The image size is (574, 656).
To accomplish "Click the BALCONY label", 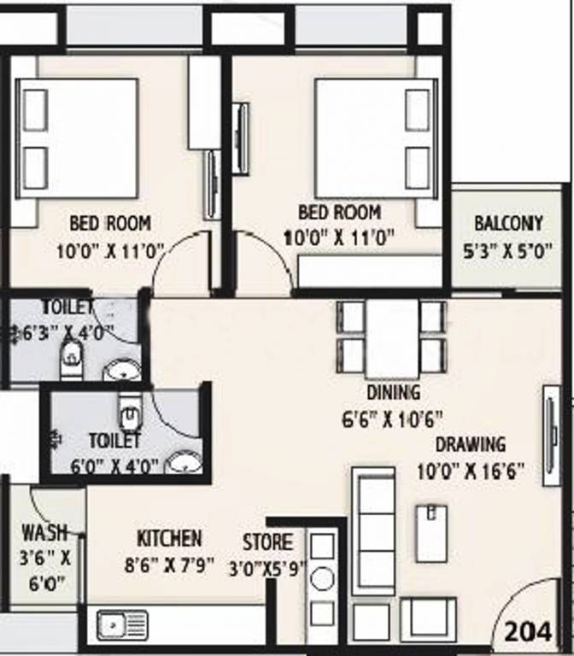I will tap(508, 224).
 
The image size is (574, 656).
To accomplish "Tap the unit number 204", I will tap(528, 632).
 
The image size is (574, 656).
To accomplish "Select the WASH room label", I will tap(44, 532).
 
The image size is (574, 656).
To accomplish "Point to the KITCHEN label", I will tap(169, 538).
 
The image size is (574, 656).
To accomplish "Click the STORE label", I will tap(267, 542).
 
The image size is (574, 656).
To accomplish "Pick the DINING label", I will tap(393, 393).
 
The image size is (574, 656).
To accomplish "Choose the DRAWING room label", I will tap(471, 444).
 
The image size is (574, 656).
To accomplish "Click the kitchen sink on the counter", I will tap(114, 625).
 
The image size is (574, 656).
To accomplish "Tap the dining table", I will tap(392, 338).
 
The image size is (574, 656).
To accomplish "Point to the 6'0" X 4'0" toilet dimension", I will tap(114, 466).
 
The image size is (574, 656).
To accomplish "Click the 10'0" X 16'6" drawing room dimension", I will tap(469, 471).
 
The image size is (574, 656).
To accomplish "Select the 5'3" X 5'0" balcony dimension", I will tap(507, 252).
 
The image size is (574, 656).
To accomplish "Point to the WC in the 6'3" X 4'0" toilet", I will tap(70, 358).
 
